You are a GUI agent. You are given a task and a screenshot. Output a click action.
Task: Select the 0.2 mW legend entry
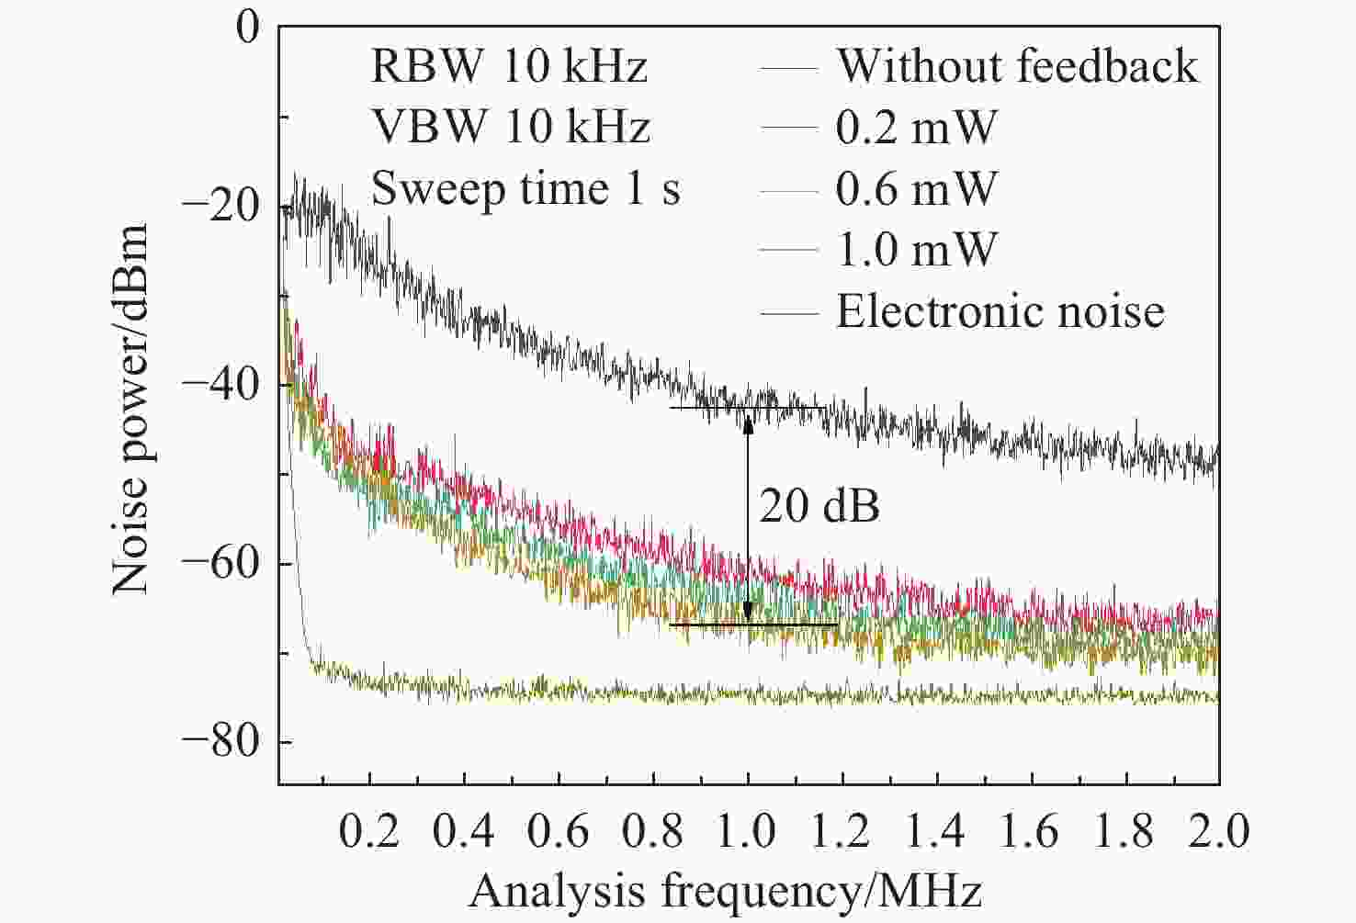pyautogui.click(x=916, y=127)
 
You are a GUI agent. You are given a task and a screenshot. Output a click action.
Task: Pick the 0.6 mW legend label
pyautogui.click(x=916, y=188)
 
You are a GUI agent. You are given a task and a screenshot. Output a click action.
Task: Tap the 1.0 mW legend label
pyautogui.click(x=916, y=250)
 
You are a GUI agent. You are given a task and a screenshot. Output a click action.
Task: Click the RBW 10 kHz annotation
pyautogui.click(x=509, y=66)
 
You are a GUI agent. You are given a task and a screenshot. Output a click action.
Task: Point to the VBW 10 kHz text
pyautogui.click(x=510, y=127)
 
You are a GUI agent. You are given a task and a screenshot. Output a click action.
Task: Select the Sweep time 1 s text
pyautogui.click(x=525, y=188)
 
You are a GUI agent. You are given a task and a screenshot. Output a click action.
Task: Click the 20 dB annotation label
pyautogui.click(x=819, y=506)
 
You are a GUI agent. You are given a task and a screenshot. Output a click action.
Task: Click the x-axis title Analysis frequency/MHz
pyautogui.click(x=726, y=891)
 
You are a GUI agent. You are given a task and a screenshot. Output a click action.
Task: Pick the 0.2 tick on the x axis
pyautogui.click(x=369, y=831)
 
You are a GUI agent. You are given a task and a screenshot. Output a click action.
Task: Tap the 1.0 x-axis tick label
pyautogui.click(x=748, y=831)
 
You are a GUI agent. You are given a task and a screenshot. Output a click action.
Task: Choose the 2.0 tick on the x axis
pyautogui.click(x=1218, y=831)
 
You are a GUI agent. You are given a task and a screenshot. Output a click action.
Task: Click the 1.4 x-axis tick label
pyautogui.click(x=937, y=831)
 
